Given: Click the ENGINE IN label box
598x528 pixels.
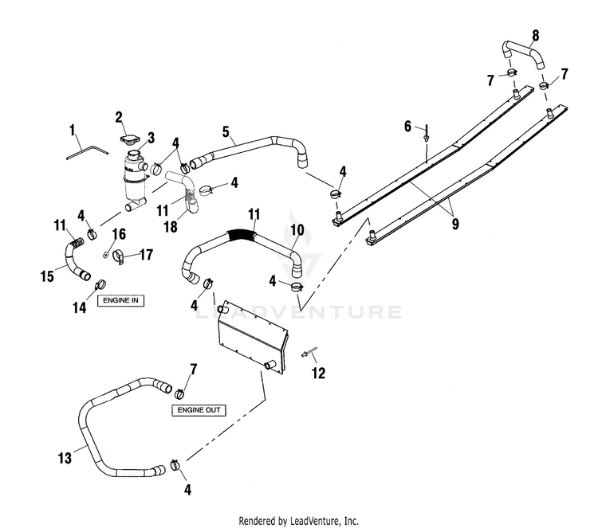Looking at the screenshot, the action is pyautogui.click(x=120, y=300).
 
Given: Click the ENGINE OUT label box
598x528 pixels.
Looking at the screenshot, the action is pyautogui.click(x=199, y=410).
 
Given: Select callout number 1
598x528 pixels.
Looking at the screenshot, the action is pyautogui.click(x=72, y=131).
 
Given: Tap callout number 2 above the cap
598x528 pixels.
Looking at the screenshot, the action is pyautogui.click(x=119, y=117).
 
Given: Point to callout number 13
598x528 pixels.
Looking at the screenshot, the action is pyautogui.click(x=65, y=458).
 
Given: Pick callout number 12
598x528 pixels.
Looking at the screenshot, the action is pyautogui.click(x=318, y=374).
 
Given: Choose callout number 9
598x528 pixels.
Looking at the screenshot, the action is pyautogui.click(x=455, y=224).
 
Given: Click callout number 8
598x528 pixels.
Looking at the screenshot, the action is pyautogui.click(x=536, y=35).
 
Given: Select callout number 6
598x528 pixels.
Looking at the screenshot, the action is pyautogui.click(x=407, y=126).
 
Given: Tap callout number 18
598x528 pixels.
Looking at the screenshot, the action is pyautogui.click(x=171, y=227).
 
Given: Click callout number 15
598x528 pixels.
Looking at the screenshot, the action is pyautogui.click(x=47, y=276).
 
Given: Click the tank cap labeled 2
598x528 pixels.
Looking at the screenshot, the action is pyautogui.click(x=128, y=139).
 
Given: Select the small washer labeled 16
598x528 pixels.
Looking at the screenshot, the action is pyautogui.click(x=105, y=254).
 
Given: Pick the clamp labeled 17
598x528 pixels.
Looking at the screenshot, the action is pyautogui.click(x=118, y=257).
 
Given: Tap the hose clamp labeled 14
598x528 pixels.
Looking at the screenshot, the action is pyautogui.click(x=100, y=284).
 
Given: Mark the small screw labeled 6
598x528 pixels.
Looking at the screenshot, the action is pyautogui.click(x=427, y=134).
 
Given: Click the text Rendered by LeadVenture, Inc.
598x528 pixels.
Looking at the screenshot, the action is pyautogui.click(x=299, y=520).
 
